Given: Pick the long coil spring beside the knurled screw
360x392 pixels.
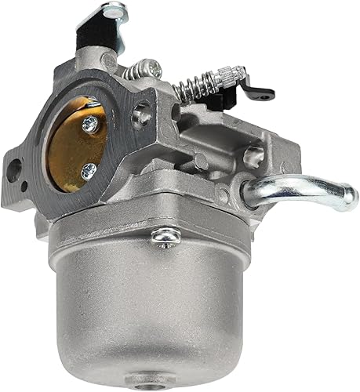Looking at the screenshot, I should coord(196,85).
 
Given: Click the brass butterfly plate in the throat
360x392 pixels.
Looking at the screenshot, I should coord(78,145).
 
